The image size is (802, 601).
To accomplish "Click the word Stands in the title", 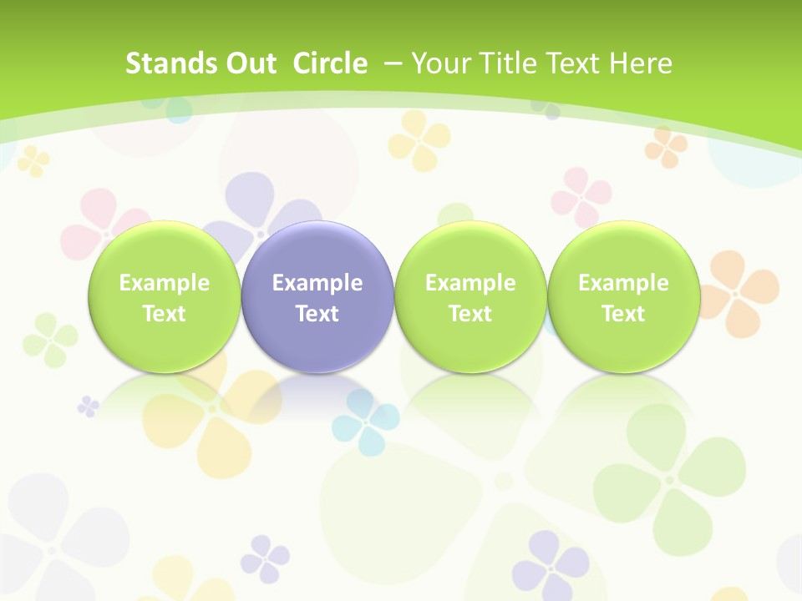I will point(160,63).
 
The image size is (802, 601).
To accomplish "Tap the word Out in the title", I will point(248,63).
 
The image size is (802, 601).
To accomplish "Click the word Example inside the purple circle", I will point(317,283).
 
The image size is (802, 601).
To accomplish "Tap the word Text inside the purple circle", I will point(317,314).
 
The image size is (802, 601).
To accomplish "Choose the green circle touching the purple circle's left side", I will point(164,296).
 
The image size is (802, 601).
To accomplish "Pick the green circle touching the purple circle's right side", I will point(470,296).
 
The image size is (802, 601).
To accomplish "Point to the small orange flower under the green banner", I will point(666,146).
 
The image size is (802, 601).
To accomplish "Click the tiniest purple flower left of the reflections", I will point(88,407).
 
